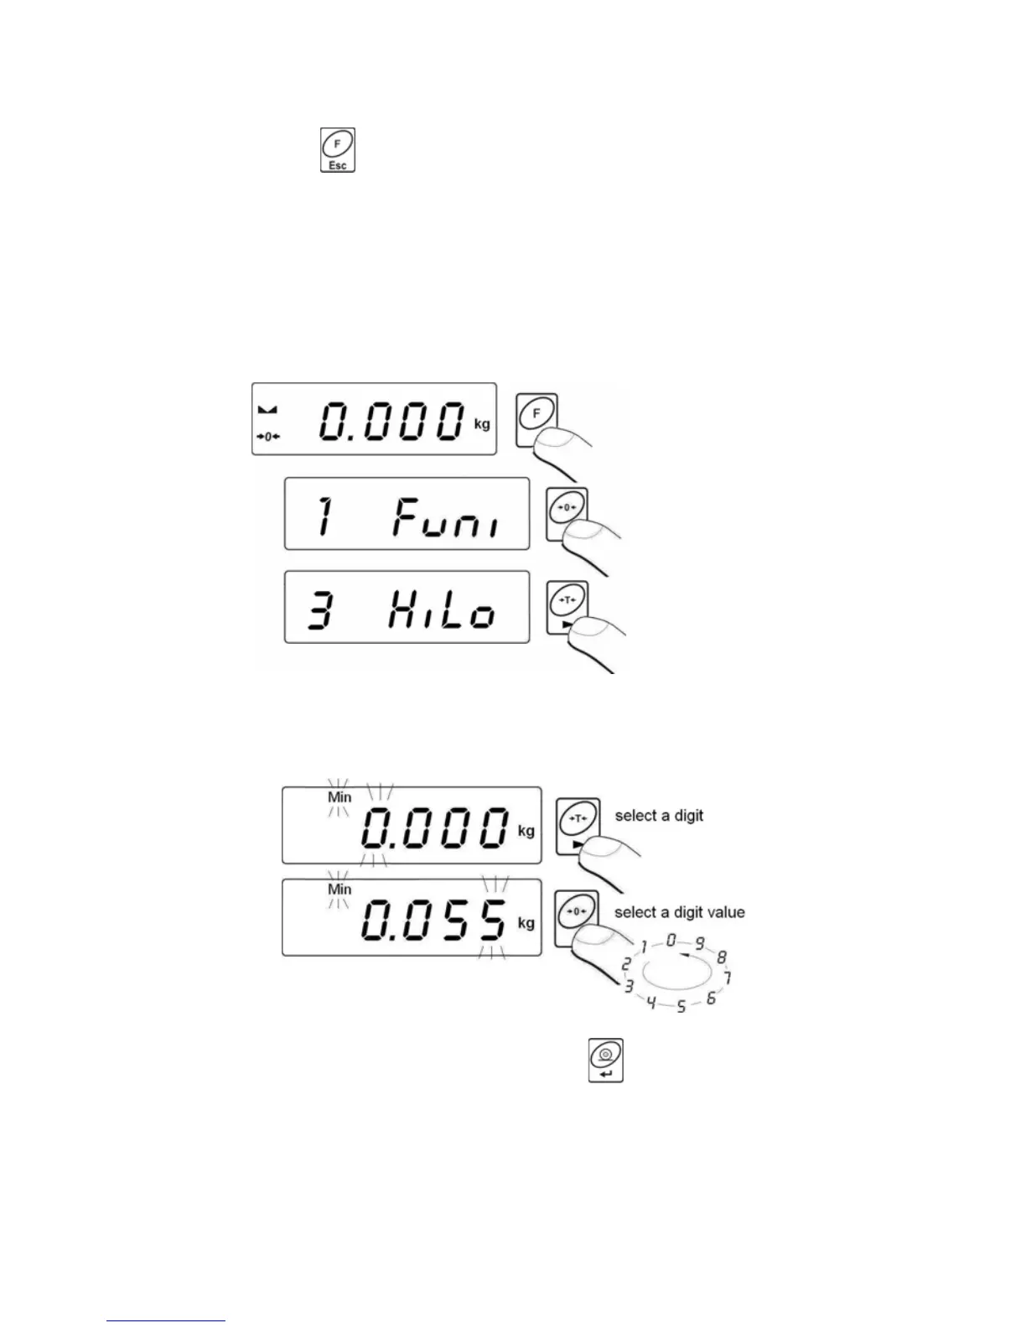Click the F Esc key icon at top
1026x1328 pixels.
pyautogui.click(x=338, y=150)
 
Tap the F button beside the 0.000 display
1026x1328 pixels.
pyautogui.click(x=536, y=413)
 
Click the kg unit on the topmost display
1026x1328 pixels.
pyautogui.click(x=482, y=424)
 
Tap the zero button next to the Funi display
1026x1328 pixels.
pyautogui.click(x=567, y=508)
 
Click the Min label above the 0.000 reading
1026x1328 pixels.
pyautogui.click(x=339, y=796)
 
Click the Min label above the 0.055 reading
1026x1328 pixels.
pyautogui.click(x=339, y=889)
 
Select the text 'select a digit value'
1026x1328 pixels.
pyautogui.click(x=680, y=912)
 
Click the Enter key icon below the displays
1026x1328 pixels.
pyautogui.click(x=606, y=1061)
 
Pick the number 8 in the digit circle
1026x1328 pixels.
pyautogui.click(x=722, y=957)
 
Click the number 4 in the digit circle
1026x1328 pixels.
pyautogui.click(x=651, y=1002)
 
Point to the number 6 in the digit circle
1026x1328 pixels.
pyautogui.click(x=711, y=998)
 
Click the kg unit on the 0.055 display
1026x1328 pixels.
pyautogui.click(x=526, y=923)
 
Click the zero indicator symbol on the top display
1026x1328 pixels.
pyautogui.click(x=269, y=437)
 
